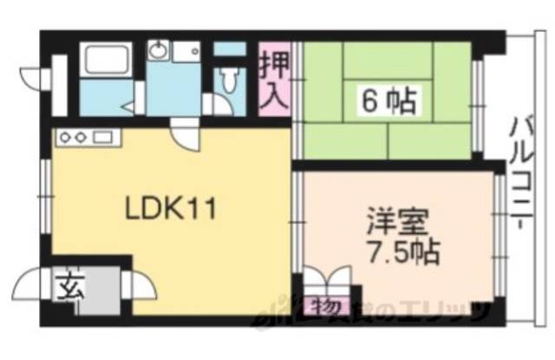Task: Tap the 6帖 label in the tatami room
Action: (389, 101)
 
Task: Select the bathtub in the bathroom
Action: (105, 61)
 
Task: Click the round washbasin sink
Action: (156, 53)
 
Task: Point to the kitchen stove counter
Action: (84, 137)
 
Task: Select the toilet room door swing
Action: (213, 102)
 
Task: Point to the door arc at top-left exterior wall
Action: (34, 74)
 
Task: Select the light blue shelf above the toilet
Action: (229, 48)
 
